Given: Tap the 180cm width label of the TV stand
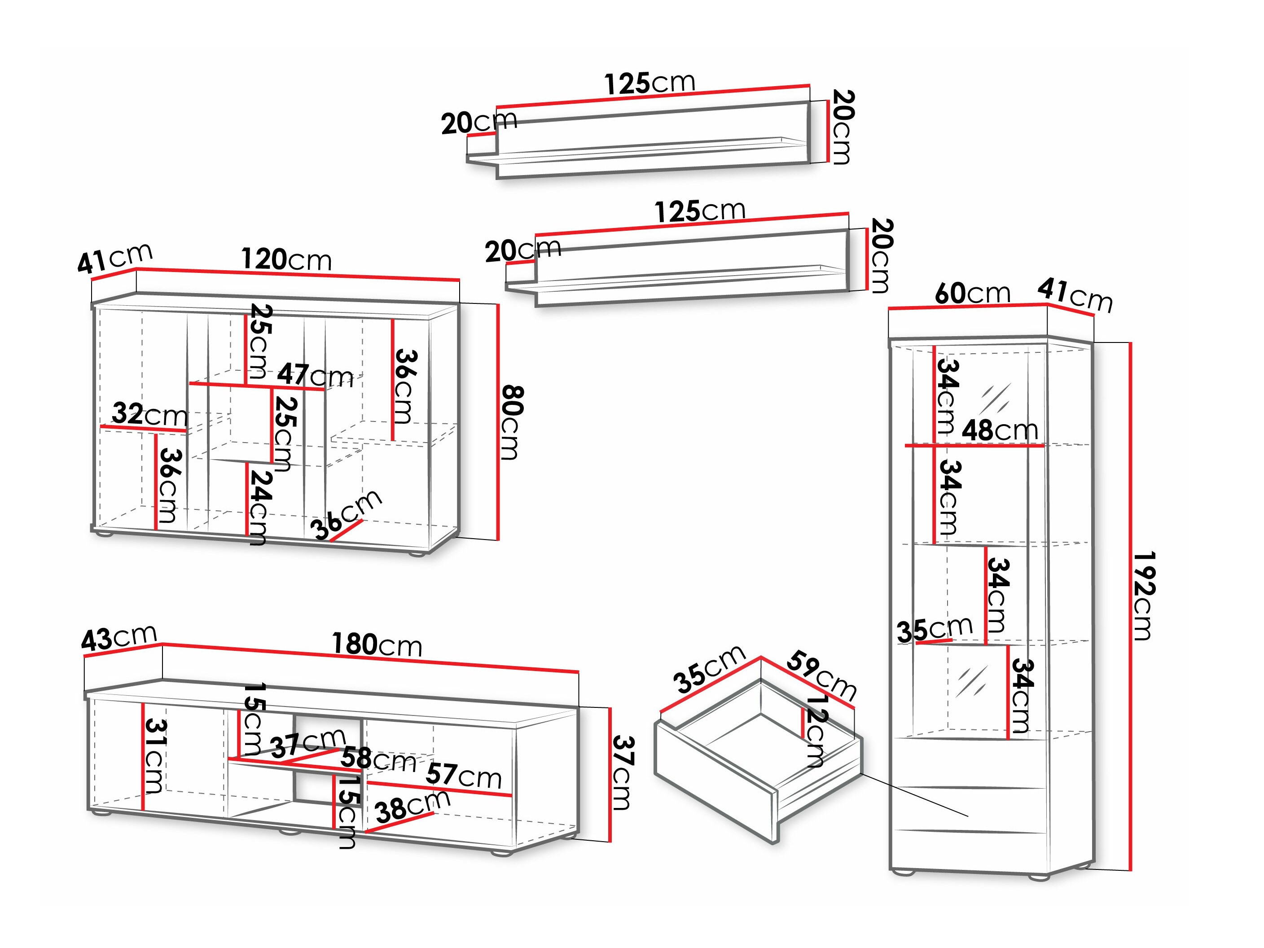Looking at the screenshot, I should (377, 645).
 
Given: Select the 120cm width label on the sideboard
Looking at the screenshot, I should (286, 259).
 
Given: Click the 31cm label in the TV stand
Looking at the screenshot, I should (154, 755).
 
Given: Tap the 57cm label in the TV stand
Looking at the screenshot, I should (463, 776).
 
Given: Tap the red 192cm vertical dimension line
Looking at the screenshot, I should (1131, 606).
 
